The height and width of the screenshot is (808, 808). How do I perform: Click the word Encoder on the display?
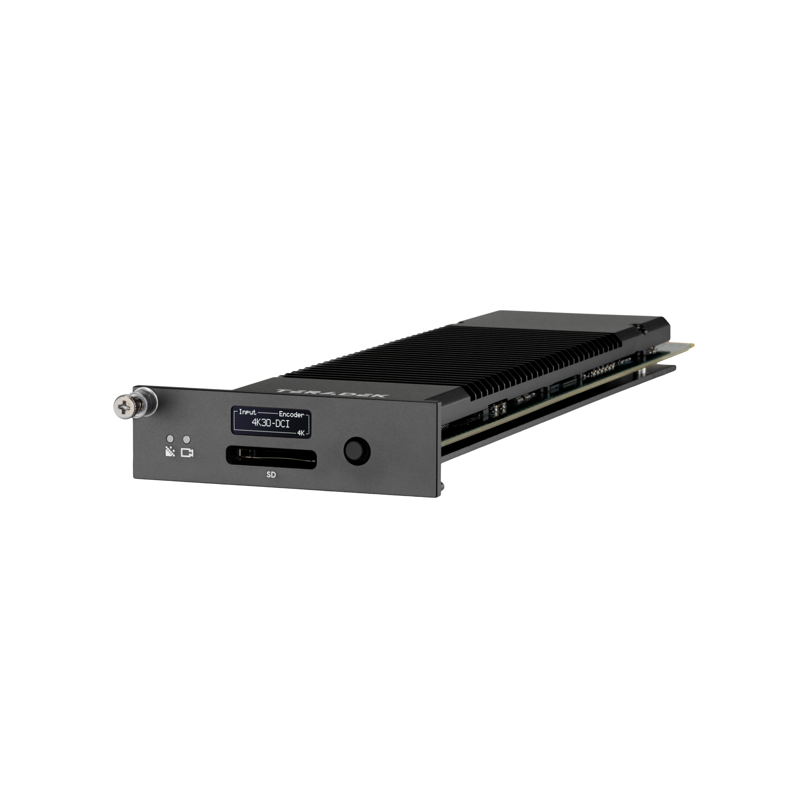[x=291, y=415]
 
